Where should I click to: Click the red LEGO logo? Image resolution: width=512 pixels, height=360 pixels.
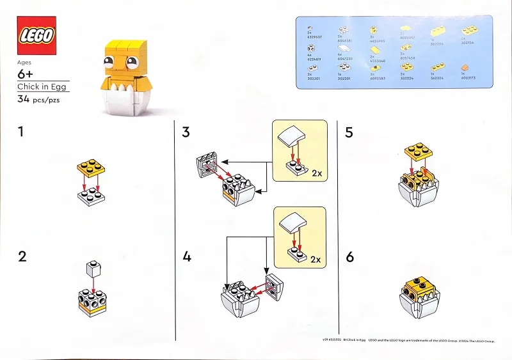coord(36,36)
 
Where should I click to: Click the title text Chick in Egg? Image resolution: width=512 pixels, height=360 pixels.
coord(43,87)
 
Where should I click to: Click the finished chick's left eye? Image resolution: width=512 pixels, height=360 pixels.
coord(111,61)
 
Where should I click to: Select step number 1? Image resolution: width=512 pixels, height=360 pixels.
coord(22,133)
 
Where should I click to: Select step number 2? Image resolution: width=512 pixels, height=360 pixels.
coord(23,257)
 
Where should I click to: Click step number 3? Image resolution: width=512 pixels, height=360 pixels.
coord(186,133)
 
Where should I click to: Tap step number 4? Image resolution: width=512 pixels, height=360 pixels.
coord(187,257)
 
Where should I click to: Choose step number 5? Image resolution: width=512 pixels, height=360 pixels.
coord(349,133)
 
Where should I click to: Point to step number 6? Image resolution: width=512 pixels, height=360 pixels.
coord(349,257)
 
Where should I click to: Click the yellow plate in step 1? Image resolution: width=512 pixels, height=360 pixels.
coord(90,168)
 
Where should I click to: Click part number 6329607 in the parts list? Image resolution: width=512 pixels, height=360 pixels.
coord(314,37)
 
